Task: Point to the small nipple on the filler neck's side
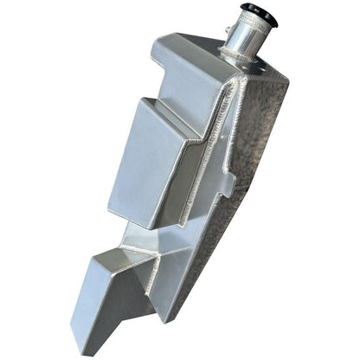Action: tap(228, 32)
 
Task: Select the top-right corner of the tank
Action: tap(286, 76)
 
